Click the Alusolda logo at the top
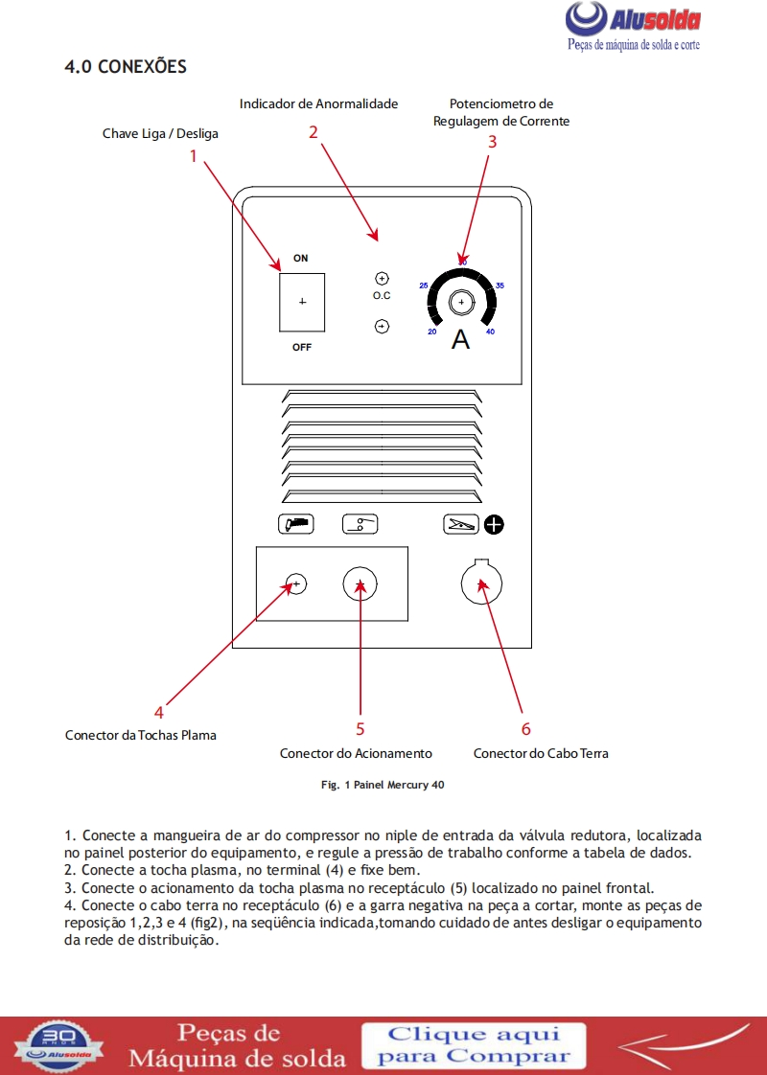[x=632, y=28]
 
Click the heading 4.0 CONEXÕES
[x=125, y=67]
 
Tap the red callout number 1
[x=193, y=155]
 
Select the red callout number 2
[x=313, y=132]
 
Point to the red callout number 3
[x=492, y=141]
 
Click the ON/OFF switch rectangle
[x=302, y=301]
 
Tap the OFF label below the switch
[x=302, y=347]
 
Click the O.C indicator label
[x=382, y=296]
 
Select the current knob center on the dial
[x=461, y=303]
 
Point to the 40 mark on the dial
[x=490, y=332]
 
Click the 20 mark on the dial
[x=432, y=332]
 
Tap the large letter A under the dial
[x=461, y=340]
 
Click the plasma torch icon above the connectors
[x=295, y=524]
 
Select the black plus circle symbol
[x=494, y=524]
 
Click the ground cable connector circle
[x=482, y=583]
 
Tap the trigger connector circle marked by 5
[x=360, y=583]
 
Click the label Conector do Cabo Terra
[x=541, y=753]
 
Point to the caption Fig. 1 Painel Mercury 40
[x=382, y=785]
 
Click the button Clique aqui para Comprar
[x=474, y=1045]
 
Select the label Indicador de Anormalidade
[x=318, y=103]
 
